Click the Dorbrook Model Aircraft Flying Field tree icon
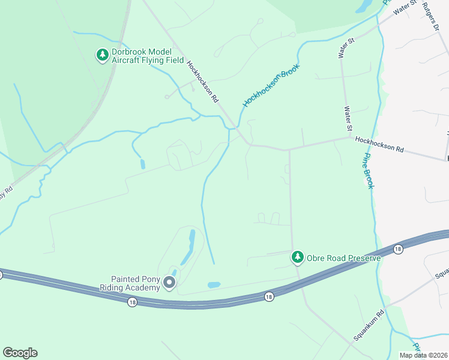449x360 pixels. [x=103, y=55]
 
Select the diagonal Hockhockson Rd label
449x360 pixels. [x=201, y=82]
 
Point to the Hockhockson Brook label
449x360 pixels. [x=271, y=86]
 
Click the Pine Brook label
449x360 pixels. [x=367, y=170]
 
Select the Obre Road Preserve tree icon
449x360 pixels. [x=297, y=257]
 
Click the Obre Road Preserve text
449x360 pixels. [x=344, y=259]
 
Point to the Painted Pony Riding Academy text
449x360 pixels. [x=136, y=283]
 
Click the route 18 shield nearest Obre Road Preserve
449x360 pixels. [x=397, y=248]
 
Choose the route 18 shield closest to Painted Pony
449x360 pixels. [x=132, y=302]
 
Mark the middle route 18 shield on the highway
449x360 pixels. [x=268, y=296]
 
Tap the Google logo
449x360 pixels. [x=20, y=353]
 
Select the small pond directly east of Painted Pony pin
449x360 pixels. [x=214, y=284]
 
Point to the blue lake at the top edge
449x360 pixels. [x=364, y=6]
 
